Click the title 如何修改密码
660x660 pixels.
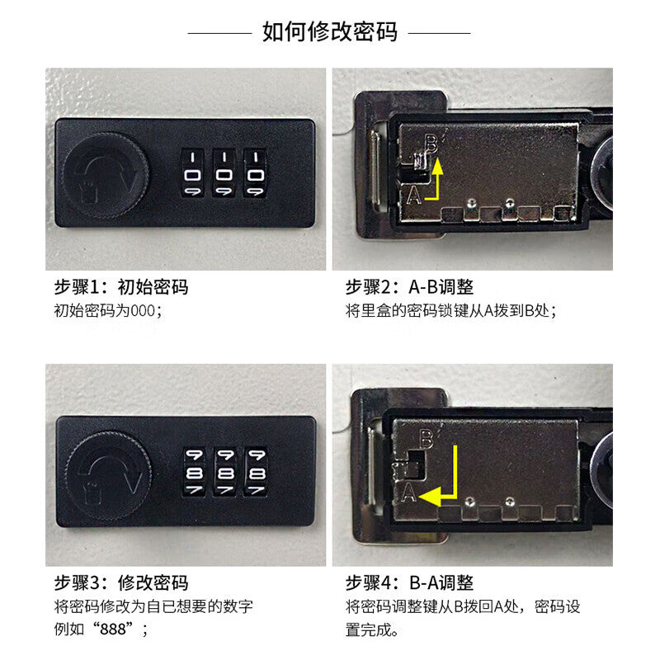click(x=329, y=32)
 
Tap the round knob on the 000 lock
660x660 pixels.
click(x=106, y=174)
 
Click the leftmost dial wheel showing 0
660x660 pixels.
click(x=193, y=173)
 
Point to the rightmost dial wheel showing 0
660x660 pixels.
click(x=255, y=173)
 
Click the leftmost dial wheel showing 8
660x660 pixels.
click(x=193, y=474)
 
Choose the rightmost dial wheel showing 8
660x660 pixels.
click(x=255, y=474)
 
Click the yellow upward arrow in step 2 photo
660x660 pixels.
click(x=438, y=177)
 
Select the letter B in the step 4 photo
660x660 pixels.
click(x=427, y=438)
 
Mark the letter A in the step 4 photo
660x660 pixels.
click(x=408, y=493)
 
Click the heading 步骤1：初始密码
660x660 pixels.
click(x=121, y=287)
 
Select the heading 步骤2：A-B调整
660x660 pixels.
click(x=409, y=287)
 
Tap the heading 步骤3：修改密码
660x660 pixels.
click(x=121, y=584)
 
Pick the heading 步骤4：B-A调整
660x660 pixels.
click(x=409, y=584)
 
